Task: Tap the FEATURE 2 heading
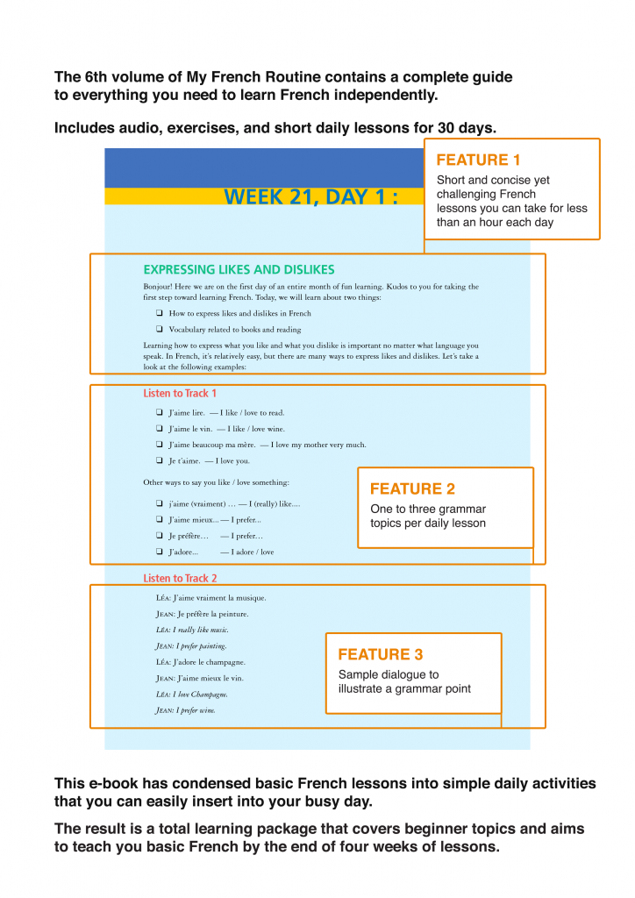412,489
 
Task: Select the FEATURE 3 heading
380,654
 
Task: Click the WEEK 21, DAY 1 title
310,196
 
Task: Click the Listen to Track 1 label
180,394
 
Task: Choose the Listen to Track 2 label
180,579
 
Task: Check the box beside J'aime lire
159,413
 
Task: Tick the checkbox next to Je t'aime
159,460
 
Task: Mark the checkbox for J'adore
159,552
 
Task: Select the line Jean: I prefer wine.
185,710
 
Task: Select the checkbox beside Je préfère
159,536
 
